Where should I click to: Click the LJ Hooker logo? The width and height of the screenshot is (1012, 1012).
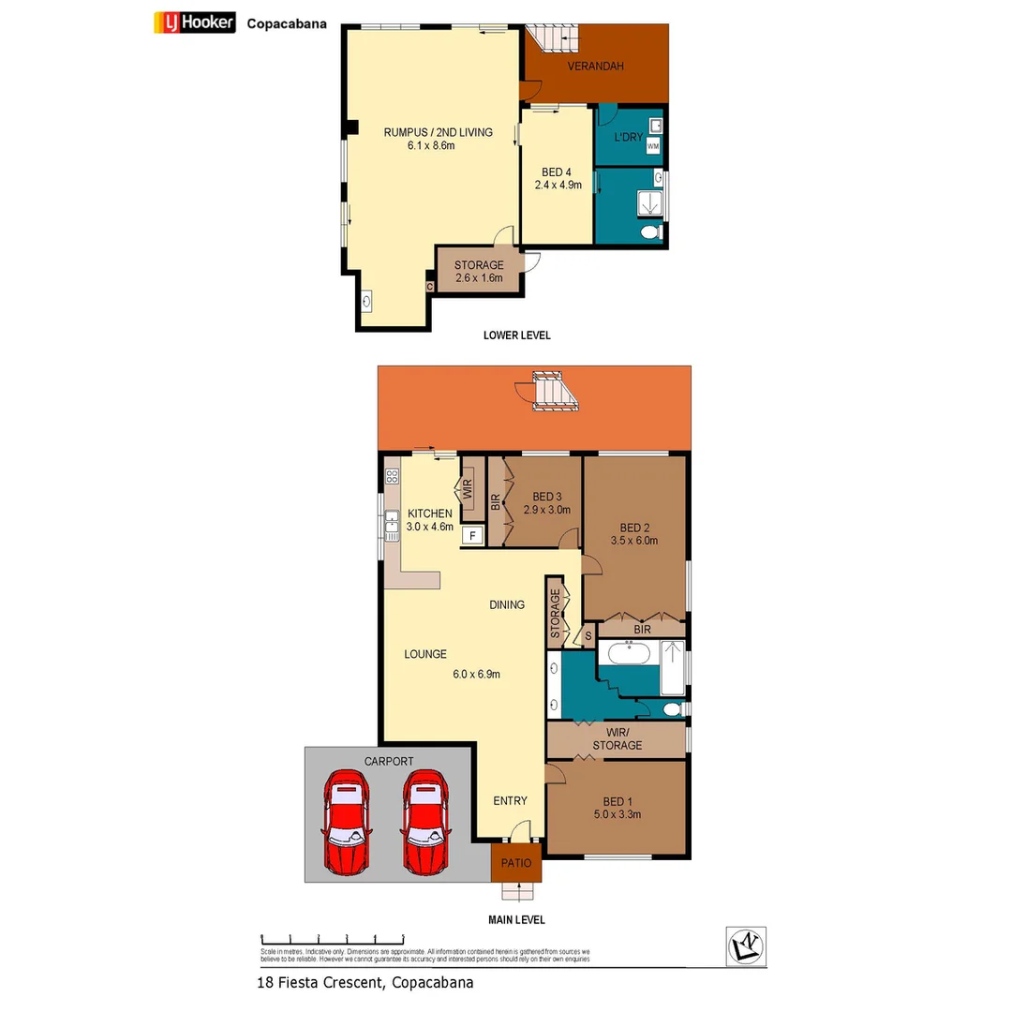[194, 23]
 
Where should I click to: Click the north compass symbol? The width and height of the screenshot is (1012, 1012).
[747, 946]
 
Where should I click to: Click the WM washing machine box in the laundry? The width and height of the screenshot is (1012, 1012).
[653, 147]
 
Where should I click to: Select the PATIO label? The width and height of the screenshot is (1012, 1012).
[516, 863]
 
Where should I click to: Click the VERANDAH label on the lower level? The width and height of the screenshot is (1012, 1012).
[595, 67]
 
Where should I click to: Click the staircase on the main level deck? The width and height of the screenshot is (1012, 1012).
[554, 391]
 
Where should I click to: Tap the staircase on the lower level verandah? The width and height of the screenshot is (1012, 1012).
[553, 39]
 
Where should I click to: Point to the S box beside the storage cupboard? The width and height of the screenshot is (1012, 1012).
[588, 636]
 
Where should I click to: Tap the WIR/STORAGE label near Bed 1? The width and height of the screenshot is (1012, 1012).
[617, 738]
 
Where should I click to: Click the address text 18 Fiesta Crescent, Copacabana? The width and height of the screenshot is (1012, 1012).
[365, 983]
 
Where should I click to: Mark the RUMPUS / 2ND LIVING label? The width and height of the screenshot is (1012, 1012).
[438, 132]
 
